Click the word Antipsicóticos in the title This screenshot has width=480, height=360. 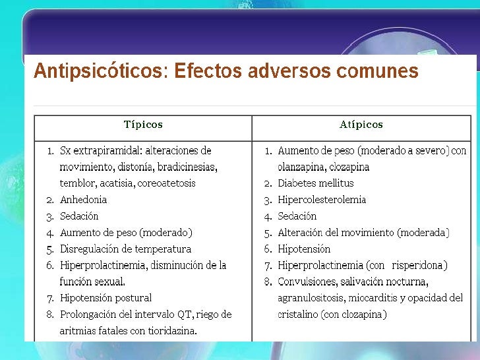[x=99, y=71]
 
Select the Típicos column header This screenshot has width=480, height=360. [x=143, y=125]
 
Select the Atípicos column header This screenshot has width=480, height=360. [x=361, y=125]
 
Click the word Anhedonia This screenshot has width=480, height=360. [x=83, y=200]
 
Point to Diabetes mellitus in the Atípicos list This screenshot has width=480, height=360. [x=315, y=183]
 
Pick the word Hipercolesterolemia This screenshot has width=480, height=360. [x=322, y=200]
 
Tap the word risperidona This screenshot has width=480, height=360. [x=419, y=266]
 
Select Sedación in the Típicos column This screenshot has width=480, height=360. [x=79, y=216]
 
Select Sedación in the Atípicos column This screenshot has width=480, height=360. [x=297, y=216]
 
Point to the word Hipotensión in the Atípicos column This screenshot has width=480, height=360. [x=304, y=249]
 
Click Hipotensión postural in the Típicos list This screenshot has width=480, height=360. [x=105, y=298]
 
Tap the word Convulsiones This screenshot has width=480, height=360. [x=307, y=282]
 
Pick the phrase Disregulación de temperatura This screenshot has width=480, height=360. [x=125, y=249]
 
